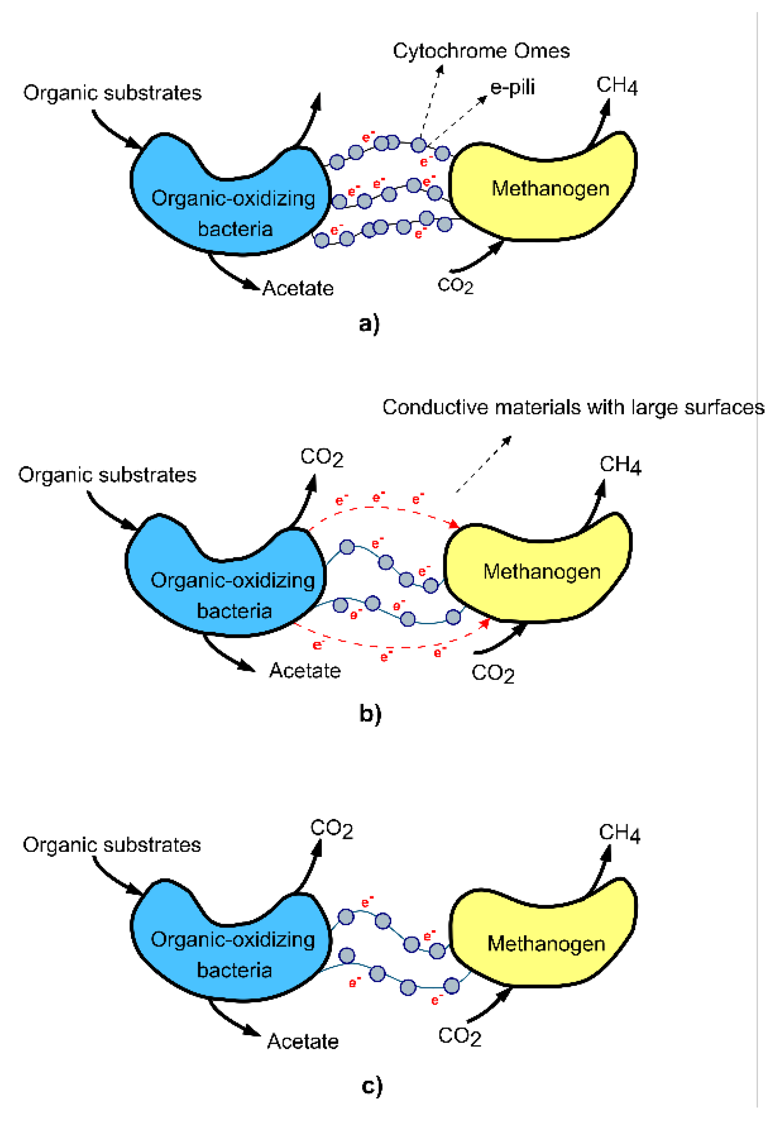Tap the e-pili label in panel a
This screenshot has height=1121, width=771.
(512, 87)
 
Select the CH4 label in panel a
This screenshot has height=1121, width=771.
(616, 85)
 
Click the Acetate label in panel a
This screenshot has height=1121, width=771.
(298, 288)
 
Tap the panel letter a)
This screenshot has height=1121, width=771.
(369, 323)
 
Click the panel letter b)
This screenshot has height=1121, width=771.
(370, 713)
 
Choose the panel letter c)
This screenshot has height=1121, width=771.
(371, 1086)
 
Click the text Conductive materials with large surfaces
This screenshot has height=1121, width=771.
(573, 407)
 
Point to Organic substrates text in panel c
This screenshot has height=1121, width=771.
(111, 845)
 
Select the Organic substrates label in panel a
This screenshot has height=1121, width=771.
(112, 93)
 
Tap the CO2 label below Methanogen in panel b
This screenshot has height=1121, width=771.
(492, 673)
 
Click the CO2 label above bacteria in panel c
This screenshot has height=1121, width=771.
(331, 829)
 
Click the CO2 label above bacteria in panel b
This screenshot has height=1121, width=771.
(322, 457)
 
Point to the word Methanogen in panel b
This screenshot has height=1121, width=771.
(542, 572)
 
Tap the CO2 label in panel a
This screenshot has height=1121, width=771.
(455, 285)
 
